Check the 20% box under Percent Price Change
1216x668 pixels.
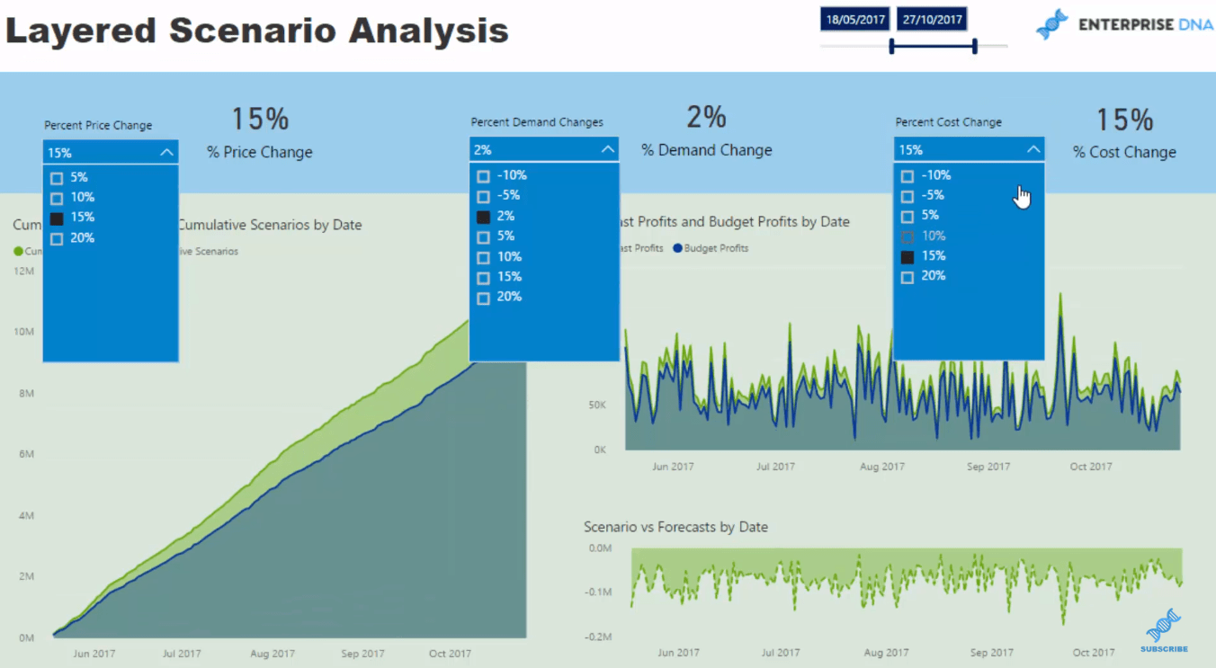[x=57, y=238]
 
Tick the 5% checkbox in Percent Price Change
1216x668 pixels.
[x=57, y=178]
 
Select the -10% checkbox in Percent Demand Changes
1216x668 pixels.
[x=483, y=176]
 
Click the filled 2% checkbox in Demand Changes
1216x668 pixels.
[x=483, y=217]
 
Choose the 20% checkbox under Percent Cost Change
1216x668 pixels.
[x=907, y=277]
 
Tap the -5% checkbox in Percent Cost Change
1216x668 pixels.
[x=907, y=196]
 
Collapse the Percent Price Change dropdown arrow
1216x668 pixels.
[x=166, y=153]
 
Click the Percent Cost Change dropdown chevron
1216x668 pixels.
[x=1033, y=150]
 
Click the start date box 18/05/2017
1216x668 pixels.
[x=854, y=20]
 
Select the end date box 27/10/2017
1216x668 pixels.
[x=932, y=20]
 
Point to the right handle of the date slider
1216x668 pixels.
[x=975, y=46]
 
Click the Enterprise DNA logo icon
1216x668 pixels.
[x=1051, y=24]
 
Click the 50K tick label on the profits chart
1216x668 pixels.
[x=597, y=405]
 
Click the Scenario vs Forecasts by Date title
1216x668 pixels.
[x=675, y=527]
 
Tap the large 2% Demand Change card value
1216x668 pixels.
[x=706, y=117]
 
